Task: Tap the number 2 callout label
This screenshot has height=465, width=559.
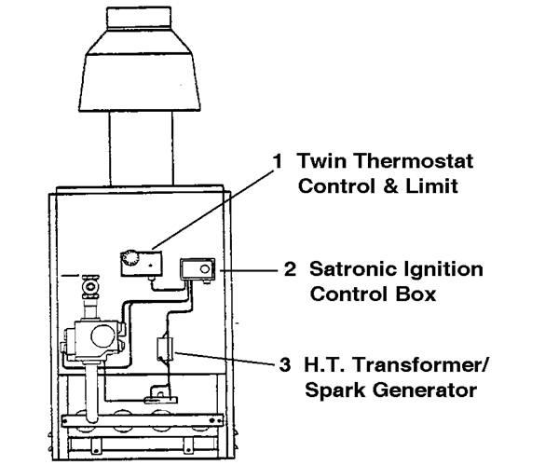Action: pos(290,271)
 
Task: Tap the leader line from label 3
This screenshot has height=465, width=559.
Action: pos(224,359)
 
